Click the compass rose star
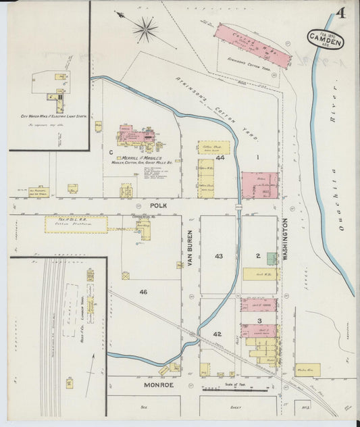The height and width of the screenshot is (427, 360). coord(145,28)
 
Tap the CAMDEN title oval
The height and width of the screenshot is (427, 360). coord(326,39)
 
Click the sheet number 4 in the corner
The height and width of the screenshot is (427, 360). coord(341,14)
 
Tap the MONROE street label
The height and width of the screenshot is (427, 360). coord(159,384)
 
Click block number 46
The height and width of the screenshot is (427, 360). coord(143,291)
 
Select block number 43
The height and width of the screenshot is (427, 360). coord(218,256)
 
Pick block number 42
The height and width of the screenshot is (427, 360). coord(217,334)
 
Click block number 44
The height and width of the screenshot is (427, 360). coord(220,157)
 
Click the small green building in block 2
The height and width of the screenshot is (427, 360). coord(271,258)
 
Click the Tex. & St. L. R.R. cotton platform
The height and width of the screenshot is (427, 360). coord(76,224)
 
